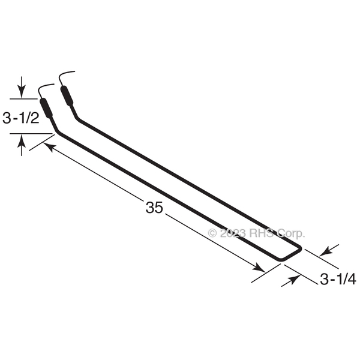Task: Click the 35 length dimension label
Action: coord(154,208)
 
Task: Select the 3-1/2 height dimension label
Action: coord(20,118)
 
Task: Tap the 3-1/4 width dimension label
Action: coord(338,280)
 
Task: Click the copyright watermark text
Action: coord(256,233)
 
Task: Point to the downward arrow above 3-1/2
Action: coord(22,87)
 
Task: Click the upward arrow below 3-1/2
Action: coord(22,145)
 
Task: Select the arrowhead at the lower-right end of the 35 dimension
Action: coord(258,268)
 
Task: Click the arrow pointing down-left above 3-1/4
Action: coord(329,250)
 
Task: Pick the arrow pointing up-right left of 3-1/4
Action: coord(291,281)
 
